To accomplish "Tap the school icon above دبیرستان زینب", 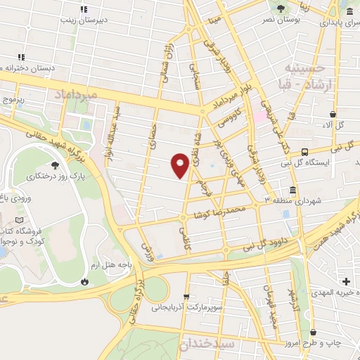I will point(84,10).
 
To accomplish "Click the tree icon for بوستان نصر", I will point(281,9).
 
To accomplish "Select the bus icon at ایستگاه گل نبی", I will point(304,152).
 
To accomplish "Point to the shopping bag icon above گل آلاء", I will point(333,114).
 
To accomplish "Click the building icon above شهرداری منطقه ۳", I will point(292,190).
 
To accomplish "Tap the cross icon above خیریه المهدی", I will point(347,281).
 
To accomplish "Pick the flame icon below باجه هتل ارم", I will point(85,281).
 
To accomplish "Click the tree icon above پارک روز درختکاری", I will point(36,164).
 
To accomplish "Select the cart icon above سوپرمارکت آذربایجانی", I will point(186,297).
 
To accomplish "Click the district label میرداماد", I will point(67,92).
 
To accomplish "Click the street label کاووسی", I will point(236,117).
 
